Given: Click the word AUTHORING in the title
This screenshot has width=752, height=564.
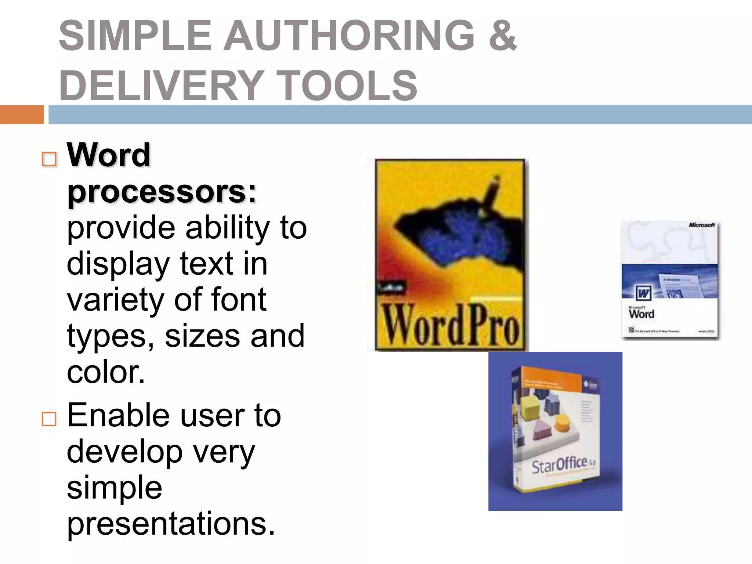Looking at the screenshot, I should point(349,36).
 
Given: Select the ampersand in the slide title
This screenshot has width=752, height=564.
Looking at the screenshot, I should point(503,36).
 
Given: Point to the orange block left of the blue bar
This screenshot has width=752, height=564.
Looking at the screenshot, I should point(22,115).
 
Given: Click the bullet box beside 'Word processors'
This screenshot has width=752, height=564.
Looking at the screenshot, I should point(49,159).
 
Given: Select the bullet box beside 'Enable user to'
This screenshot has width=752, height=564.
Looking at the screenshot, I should point(49,419).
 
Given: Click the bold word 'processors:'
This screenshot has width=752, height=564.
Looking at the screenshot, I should point(162,192).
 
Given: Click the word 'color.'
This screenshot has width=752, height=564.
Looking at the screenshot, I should point(106,372).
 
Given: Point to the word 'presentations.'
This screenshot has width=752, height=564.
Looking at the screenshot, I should point(171,524).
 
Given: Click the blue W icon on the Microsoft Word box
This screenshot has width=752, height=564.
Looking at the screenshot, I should point(643,293).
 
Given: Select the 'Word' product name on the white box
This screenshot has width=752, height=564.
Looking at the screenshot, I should point(641,314).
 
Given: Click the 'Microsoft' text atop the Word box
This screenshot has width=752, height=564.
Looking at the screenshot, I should point(702,225).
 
